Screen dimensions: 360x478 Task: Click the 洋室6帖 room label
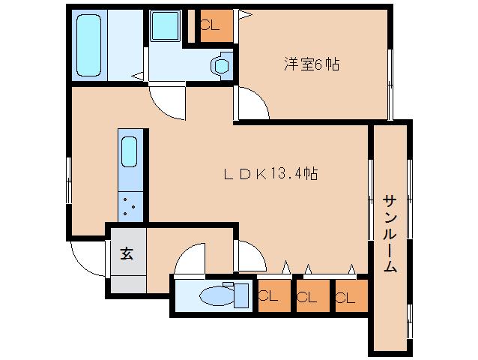point(310,65)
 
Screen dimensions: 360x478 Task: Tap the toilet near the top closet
point(221,66)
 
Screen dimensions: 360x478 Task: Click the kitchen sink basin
point(129,154)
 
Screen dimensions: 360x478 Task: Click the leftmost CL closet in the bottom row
point(273,295)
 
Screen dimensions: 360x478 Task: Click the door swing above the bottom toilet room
point(190,259)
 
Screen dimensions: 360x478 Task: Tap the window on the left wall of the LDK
point(69,180)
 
